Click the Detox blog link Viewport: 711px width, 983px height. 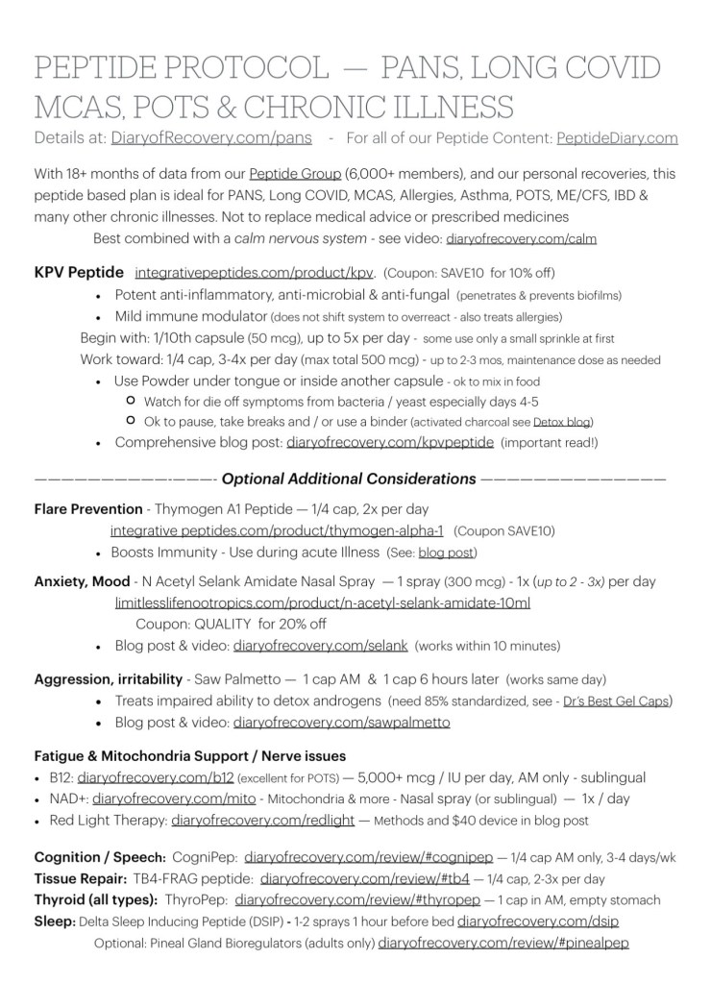pos(565,422)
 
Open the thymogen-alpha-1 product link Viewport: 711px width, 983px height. pos(277,530)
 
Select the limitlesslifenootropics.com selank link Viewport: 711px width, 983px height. pos(323,602)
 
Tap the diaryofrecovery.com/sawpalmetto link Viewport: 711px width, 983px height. pos(342,722)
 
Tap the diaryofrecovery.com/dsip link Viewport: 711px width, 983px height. pos(538,922)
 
